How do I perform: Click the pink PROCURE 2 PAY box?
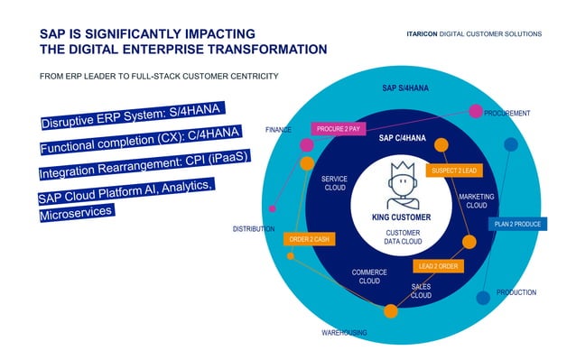[338, 129]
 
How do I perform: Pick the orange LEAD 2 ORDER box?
[438, 265]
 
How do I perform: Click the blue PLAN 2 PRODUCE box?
[517, 224]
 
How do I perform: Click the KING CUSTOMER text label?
[401, 217]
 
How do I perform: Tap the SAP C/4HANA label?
[401, 138]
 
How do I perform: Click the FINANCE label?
[278, 130]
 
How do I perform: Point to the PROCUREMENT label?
[506, 114]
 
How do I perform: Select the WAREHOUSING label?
[344, 333]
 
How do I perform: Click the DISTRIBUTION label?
[254, 229]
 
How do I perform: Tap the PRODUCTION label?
[516, 292]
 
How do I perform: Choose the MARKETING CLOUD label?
[476, 200]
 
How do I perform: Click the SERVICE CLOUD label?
[334, 183]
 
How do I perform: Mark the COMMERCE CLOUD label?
[369, 276]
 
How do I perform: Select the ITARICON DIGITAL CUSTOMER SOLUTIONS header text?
[474, 33]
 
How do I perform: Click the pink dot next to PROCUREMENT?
[475, 111]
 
